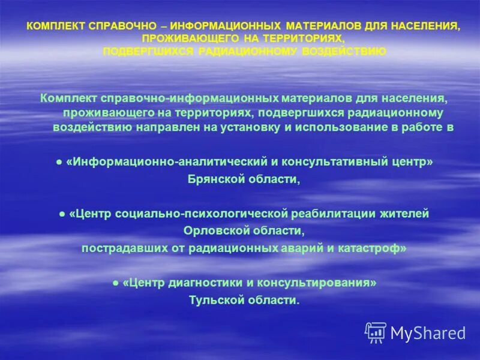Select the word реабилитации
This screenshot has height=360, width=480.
pos(328,214)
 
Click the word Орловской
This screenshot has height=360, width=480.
pos(211,231)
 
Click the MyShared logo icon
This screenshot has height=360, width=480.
pos(376,333)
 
